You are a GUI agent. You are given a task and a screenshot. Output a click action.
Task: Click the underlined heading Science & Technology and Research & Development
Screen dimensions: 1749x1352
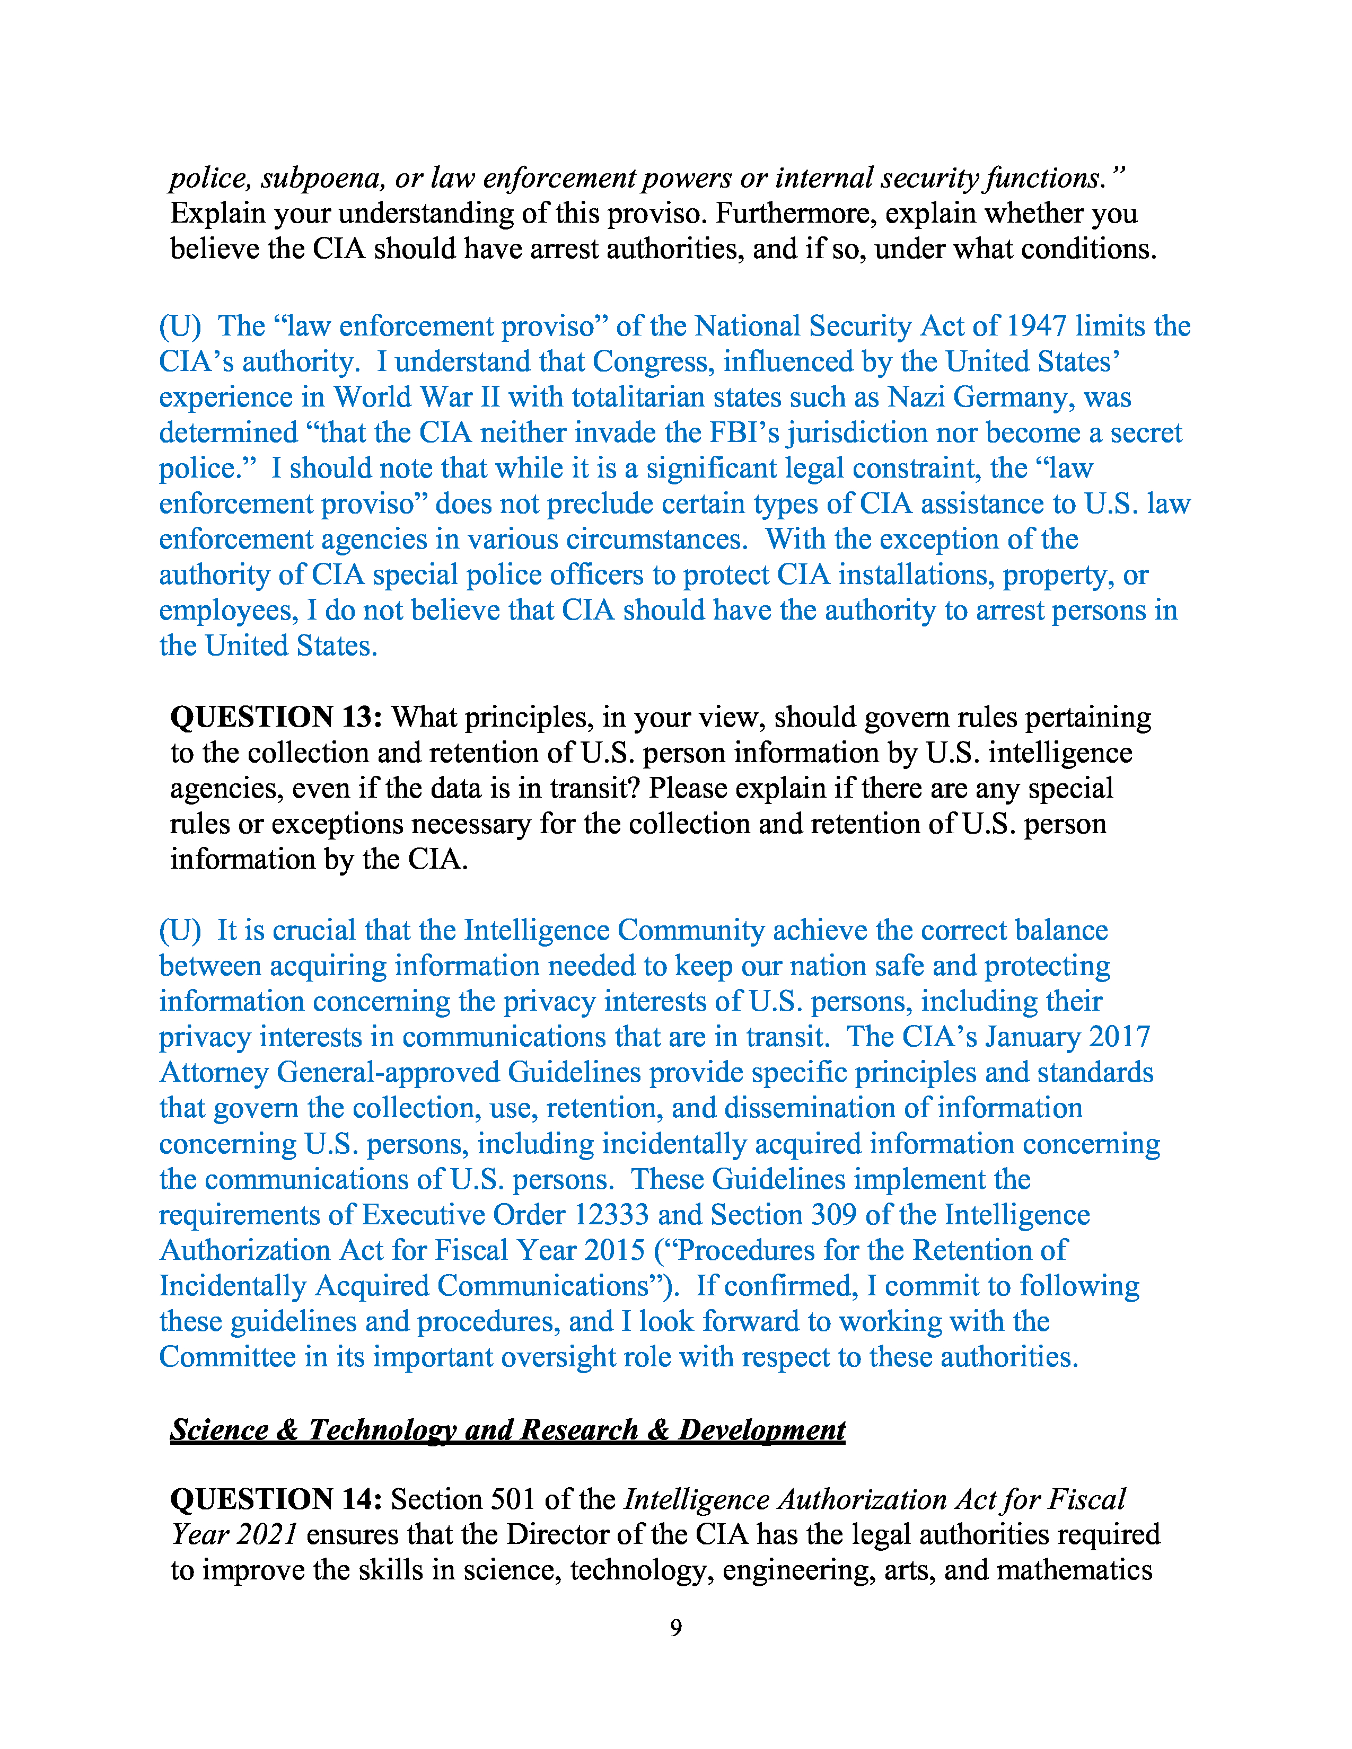508,1430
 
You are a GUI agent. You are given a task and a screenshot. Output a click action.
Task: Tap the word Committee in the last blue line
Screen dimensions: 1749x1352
227,1357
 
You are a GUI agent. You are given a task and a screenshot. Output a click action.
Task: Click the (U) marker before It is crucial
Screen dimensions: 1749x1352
179,931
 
